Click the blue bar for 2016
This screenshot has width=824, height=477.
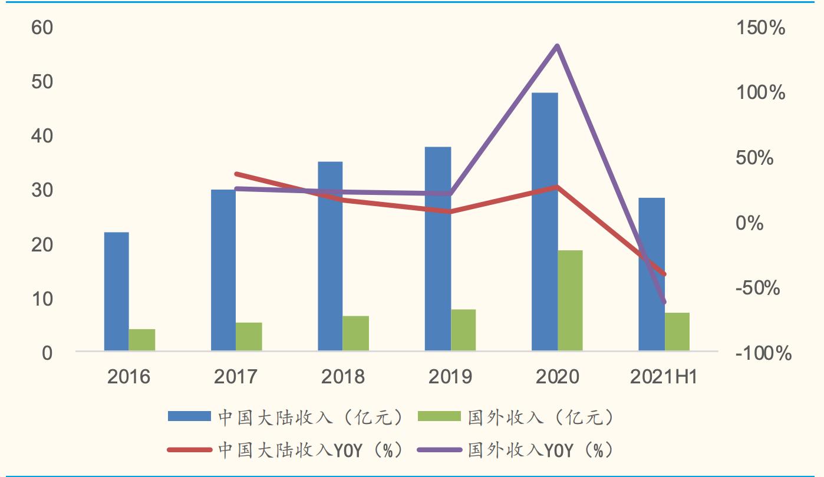(x=116, y=291)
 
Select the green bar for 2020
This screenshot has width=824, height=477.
(x=570, y=300)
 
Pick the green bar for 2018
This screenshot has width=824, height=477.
(x=355, y=333)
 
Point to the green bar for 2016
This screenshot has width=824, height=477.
(x=142, y=340)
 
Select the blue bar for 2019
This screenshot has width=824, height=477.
(x=438, y=249)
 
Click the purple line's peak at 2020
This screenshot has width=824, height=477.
(x=557, y=46)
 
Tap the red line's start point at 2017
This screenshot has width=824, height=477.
(x=236, y=174)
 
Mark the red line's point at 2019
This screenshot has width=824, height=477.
(x=450, y=211)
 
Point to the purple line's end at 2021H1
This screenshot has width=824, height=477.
(x=664, y=302)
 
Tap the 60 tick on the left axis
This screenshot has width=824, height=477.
(x=42, y=28)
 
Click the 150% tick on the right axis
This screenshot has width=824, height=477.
(x=761, y=28)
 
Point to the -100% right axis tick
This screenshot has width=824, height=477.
(x=764, y=353)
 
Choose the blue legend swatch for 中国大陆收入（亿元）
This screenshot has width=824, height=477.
(x=189, y=417)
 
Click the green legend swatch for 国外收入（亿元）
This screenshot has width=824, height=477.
(x=439, y=417)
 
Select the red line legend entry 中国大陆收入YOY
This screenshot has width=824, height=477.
(x=189, y=450)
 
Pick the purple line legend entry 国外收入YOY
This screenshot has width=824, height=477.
(x=439, y=450)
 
